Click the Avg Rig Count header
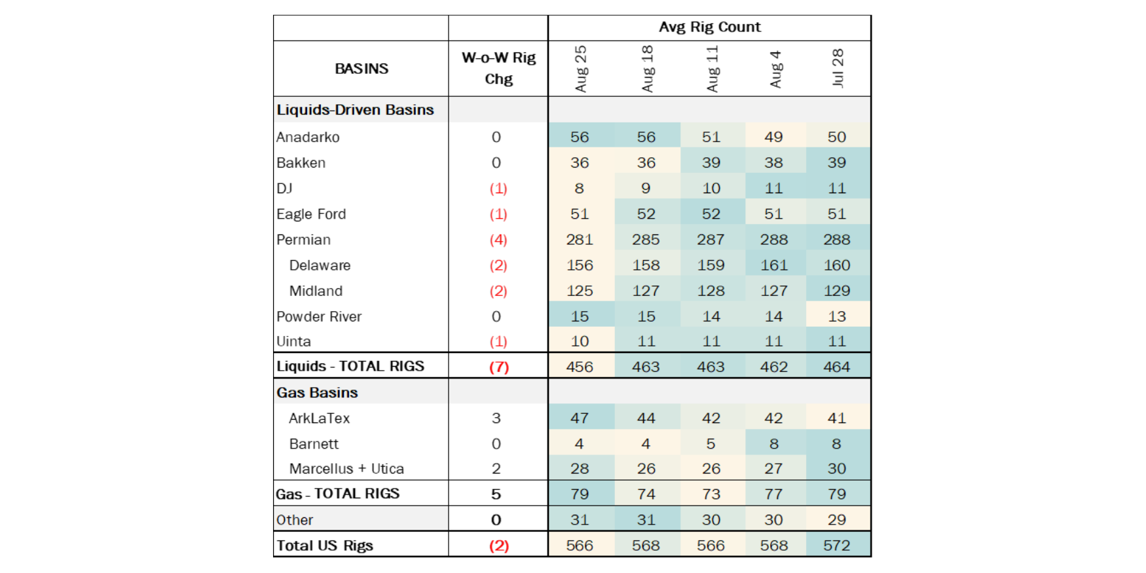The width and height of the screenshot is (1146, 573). coord(710,27)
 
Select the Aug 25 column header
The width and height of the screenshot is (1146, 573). coord(580,69)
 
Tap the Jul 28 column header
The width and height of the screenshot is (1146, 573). coord(837,68)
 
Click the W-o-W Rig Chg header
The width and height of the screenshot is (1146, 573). coord(498,68)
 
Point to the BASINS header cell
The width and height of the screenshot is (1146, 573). coord(361,69)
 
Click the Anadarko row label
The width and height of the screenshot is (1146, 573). coord(308,137)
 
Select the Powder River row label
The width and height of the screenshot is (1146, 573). coord(319,316)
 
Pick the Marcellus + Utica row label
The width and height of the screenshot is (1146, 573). coord(346,469)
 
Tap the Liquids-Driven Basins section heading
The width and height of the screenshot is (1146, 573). coord(355,109)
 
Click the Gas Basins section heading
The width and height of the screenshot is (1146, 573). coord(317,392)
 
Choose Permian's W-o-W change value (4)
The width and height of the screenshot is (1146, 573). coord(498,240)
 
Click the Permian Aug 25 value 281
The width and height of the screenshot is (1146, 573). coord(580,240)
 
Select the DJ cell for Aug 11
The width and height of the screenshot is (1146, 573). coord(711,189)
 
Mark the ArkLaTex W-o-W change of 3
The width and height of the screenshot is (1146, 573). coord(496,418)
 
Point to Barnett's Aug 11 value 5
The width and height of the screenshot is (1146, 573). coord(711,443)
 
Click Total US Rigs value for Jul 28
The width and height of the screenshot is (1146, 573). coord(837,545)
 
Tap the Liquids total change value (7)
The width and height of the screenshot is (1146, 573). coord(499,367)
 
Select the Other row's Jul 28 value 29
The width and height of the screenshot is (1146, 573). coord(837,520)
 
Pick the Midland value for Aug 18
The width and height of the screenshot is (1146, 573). coord(646,291)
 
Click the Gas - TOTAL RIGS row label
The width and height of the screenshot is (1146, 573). coord(338,494)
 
